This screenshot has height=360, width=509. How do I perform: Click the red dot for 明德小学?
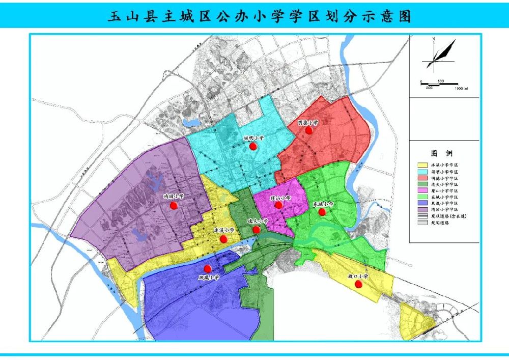(x=308, y=130)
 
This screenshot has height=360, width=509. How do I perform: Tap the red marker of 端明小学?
(x=252, y=146)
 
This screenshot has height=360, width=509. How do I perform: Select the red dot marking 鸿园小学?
(x=174, y=205)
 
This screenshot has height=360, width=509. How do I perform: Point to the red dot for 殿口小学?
(x=358, y=284)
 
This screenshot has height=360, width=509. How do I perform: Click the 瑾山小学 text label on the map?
(x=280, y=198)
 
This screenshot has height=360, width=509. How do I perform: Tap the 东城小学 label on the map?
(x=323, y=204)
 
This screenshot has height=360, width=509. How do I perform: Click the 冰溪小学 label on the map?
(x=224, y=230)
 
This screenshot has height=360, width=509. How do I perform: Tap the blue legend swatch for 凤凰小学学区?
(x=422, y=203)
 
